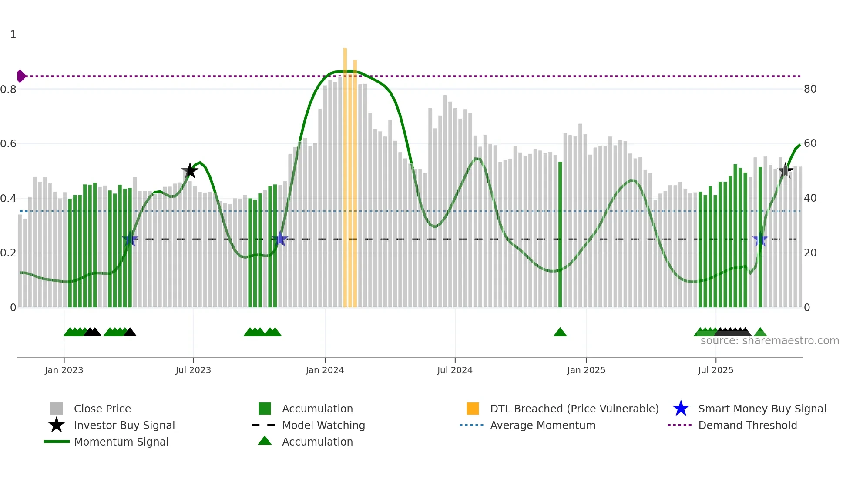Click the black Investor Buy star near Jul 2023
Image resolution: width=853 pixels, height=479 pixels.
pyautogui.click(x=190, y=171)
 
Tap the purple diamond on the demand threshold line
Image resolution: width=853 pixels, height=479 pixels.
pyautogui.click(x=21, y=76)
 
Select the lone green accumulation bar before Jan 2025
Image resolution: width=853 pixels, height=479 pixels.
pyautogui.click(x=560, y=235)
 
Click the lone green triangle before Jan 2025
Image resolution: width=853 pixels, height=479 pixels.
pyautogui.click(x=560, y=333)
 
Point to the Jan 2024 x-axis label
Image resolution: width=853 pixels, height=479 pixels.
pyautogui.click(x=325, y=370)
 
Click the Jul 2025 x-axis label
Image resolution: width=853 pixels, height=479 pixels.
pyautogui.click(x=715, y=370)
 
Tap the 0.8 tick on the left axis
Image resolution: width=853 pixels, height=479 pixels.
pyautogui.click(x=9, y=90)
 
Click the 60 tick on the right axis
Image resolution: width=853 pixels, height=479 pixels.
pyautogui.click(x=810, y=143)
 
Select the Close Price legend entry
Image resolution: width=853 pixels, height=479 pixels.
pyautogui.click(x=102, y=409)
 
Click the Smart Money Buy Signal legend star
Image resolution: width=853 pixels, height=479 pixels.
pyautogui.click(x=681, y=409)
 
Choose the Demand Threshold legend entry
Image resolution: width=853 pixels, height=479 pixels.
pyautogui.click(x=747, y=425)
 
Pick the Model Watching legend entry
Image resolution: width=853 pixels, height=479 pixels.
pyautogui.click(x=323, y=425)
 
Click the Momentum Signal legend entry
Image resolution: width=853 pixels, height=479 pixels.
pyautogui.click(x=121, y=442)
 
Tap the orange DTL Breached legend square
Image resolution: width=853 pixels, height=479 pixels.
pyautogui.click(x=473, y=409)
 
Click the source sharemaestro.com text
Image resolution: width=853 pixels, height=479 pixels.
pyautogui.click(x=769, y=341)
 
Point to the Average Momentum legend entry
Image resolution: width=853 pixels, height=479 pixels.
pyautogui.click(x=542, y=425)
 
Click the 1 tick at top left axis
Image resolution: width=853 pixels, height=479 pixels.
pyautogui.click(x=13, y=35)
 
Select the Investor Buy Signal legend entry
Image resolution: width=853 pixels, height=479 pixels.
pyautogui.click(x=124, y=425)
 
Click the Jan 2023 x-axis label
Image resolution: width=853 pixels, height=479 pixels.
pyautogui.click(x=64, y=370)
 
